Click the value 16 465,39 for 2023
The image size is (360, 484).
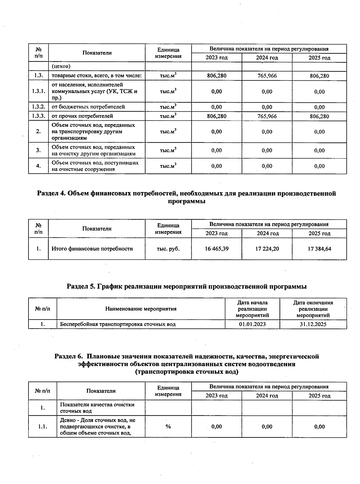click(217, 249)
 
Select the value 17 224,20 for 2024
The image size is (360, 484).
click(267, 249)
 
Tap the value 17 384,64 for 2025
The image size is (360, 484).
click(319, 249)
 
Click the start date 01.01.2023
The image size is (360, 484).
click(252, 324)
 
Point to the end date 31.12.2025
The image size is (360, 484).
click(313, 324)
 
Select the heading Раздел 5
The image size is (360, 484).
click(186, 287)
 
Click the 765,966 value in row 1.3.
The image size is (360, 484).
click(267, 76)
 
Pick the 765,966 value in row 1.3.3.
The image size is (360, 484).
click(267, 116)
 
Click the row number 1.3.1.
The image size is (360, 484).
click(38, 92)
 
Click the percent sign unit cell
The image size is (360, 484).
click(168, 427)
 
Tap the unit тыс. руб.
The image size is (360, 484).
click(168, 249)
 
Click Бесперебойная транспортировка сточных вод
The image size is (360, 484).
click(118, 324)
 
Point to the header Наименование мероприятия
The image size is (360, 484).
click(141, 309)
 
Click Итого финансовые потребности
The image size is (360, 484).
click(92, 249)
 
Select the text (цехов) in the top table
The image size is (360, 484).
click(61, 66)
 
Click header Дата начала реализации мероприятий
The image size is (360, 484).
click(252, 309)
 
